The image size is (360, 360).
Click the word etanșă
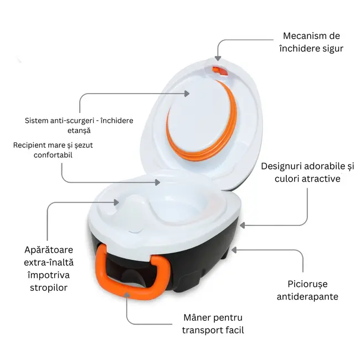tap(80, 130)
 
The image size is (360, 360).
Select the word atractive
tap(321, 179)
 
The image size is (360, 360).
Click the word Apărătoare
tap(49, 250)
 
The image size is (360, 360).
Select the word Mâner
tap(200, 318)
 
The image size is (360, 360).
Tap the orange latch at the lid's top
tap(220, 71)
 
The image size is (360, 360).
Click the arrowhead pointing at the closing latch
tap(218, 58)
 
